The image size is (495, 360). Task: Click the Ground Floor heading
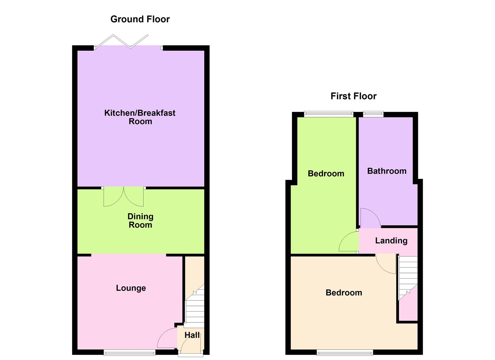pos(140,19)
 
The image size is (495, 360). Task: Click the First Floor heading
pos(353,96)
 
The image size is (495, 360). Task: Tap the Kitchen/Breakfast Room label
pos(140,117)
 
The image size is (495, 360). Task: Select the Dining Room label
pos(140,221)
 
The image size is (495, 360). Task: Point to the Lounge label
pos(131,288)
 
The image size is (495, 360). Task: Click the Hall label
pos(192,335)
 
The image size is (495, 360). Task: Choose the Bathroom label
pos(387,171)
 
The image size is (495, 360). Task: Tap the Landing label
pos(391,241)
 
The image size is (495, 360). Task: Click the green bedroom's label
pos(326,173)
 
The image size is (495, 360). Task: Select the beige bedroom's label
pos(344,293)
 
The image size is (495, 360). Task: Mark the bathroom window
pos(373,114)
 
